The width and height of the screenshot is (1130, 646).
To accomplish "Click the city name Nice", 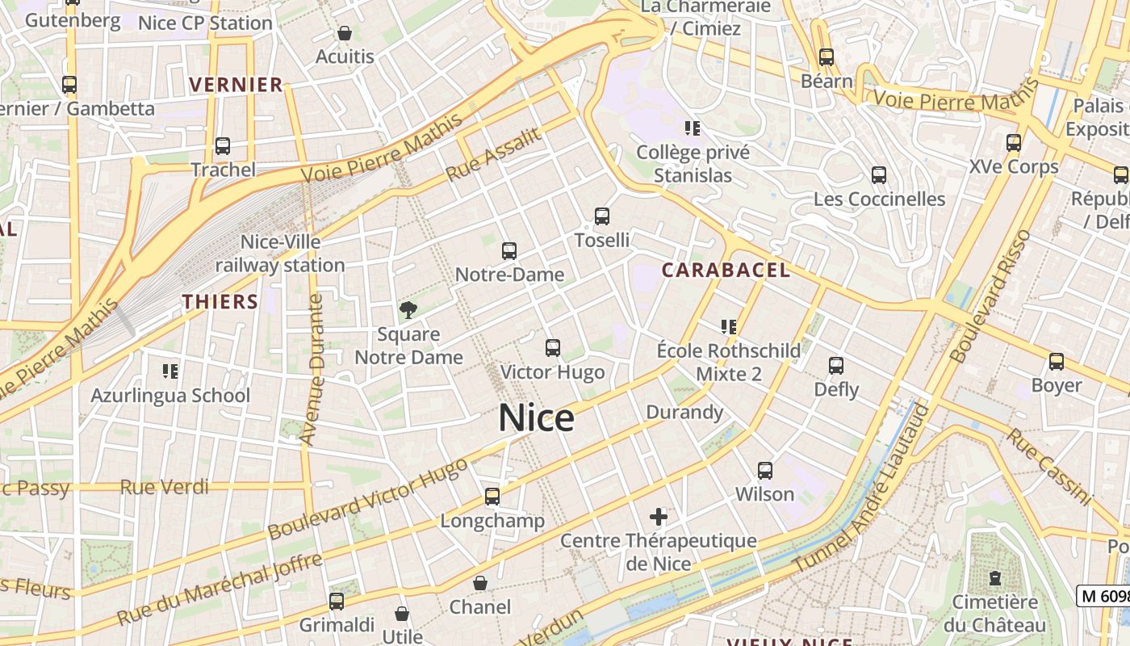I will pos(536,418).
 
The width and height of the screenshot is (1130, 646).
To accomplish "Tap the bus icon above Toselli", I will pos(602,216).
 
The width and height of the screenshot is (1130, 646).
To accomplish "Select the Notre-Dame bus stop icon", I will pos(509,251).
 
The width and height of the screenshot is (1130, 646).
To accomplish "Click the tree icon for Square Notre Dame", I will pos(408,310).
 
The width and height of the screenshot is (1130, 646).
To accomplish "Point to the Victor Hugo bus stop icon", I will pos(553,348).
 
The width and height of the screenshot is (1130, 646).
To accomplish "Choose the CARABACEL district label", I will pos(726,271).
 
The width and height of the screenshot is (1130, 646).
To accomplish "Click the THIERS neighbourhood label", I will pos(220,302).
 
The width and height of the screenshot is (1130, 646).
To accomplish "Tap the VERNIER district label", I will pos(236,85).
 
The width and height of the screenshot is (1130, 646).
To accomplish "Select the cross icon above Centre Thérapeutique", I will pos(659,517).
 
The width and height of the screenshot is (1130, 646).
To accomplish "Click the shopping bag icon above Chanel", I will pos(480,583).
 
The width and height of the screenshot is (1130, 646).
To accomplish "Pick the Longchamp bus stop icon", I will pos(492,497).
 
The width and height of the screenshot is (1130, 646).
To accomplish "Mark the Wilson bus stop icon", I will pos(765,470).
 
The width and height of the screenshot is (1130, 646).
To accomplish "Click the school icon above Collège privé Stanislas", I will pos(692,128).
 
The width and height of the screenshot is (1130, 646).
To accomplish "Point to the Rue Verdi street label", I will pos(164,487).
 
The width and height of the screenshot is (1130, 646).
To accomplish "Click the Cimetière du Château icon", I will pos(995,578).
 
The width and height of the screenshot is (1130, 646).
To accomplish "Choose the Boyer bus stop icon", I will pos(1057,362).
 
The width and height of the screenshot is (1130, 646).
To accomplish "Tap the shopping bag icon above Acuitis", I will pos(345,33).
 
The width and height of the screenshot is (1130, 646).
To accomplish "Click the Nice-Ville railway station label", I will pos(280,254).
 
